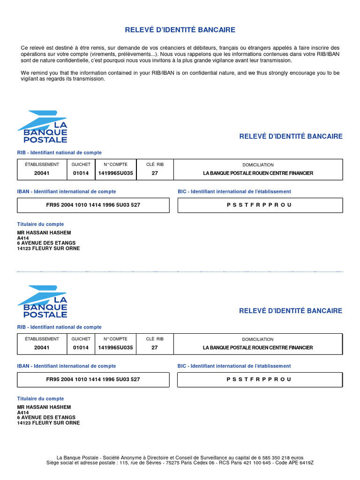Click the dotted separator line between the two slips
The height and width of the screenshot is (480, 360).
(x=180, y=271)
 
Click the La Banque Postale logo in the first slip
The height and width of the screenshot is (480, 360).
(x=43, y=127)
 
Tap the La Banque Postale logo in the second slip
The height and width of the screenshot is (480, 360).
(x=43, y=301)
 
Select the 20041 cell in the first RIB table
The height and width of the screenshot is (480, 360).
(x=42, y=173)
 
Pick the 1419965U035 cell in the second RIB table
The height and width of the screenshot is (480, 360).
(x=115, y=348)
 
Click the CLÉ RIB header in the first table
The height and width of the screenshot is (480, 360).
(x=155, y=165)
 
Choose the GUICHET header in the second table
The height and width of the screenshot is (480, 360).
(x=81, y=339)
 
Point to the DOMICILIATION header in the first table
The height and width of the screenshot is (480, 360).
(x=258, y=165)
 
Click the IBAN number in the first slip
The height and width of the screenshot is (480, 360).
(x=93, y=205)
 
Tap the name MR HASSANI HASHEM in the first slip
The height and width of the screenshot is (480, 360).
(x=44, y=233)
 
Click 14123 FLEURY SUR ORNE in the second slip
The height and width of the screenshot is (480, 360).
(x=48, y=423)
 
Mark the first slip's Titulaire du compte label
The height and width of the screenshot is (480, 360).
(x=40, y=224)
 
